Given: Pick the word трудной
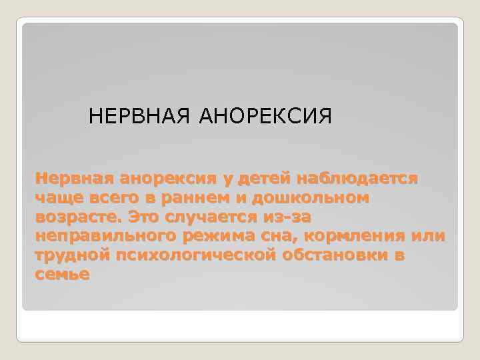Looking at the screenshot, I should (73, 256).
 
